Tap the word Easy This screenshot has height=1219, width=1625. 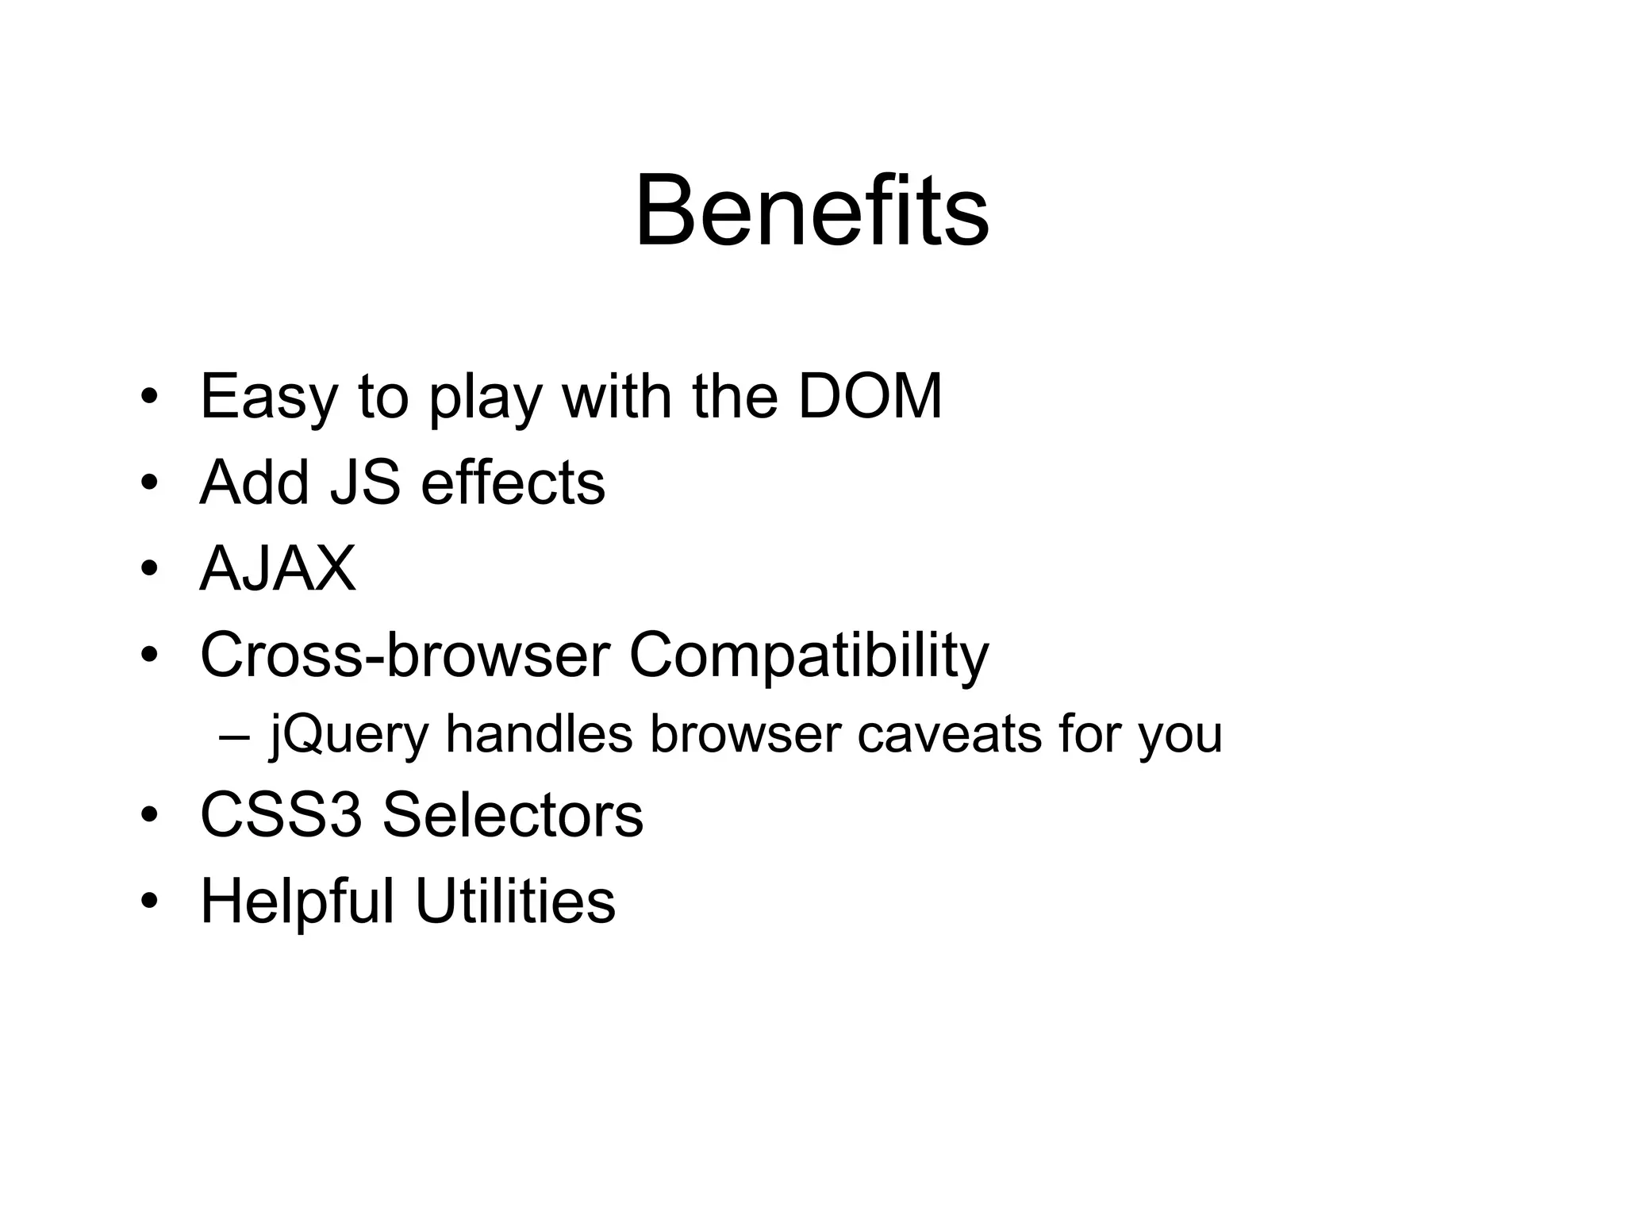[269, 397]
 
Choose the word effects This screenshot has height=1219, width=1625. [513, 483]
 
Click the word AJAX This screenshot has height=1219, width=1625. [278, 568]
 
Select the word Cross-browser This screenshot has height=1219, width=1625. [405, 656]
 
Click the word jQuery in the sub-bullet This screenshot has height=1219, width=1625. [349, 735]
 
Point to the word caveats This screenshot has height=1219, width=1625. [949, 735]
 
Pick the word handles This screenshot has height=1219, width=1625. [539, 733]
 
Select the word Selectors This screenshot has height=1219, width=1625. [513, 815]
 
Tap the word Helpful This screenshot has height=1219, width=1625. [297, 902]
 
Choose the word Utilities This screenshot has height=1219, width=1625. [515, 902]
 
